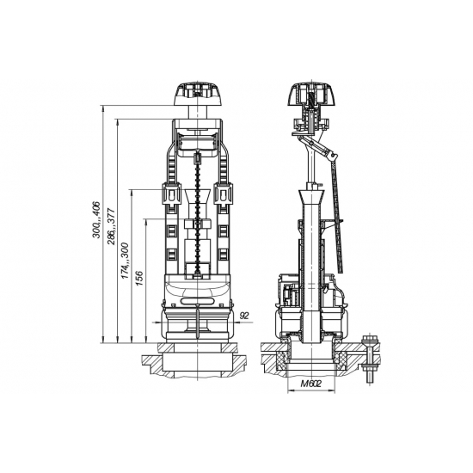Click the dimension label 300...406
[97, 219]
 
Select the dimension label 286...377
[112, 226]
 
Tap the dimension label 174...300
[125, 261]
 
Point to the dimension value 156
[139, 278]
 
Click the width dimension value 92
[244, 316]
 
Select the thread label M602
[311, 384]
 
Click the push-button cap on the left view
[198, 94]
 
